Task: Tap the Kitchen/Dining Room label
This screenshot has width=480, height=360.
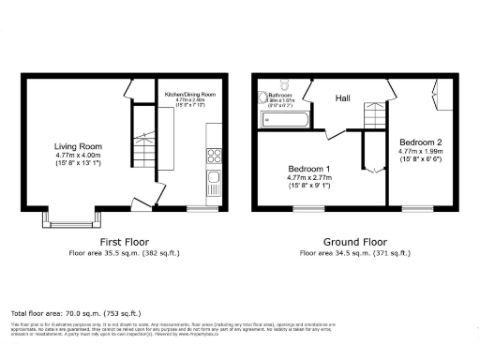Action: click(x=191, y=95)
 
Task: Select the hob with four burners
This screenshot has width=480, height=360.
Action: click(x=214, y=156)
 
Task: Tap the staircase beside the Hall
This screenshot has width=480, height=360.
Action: click(x=374, y=116)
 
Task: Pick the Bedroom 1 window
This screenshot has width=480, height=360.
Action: click(x=307, y=208)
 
